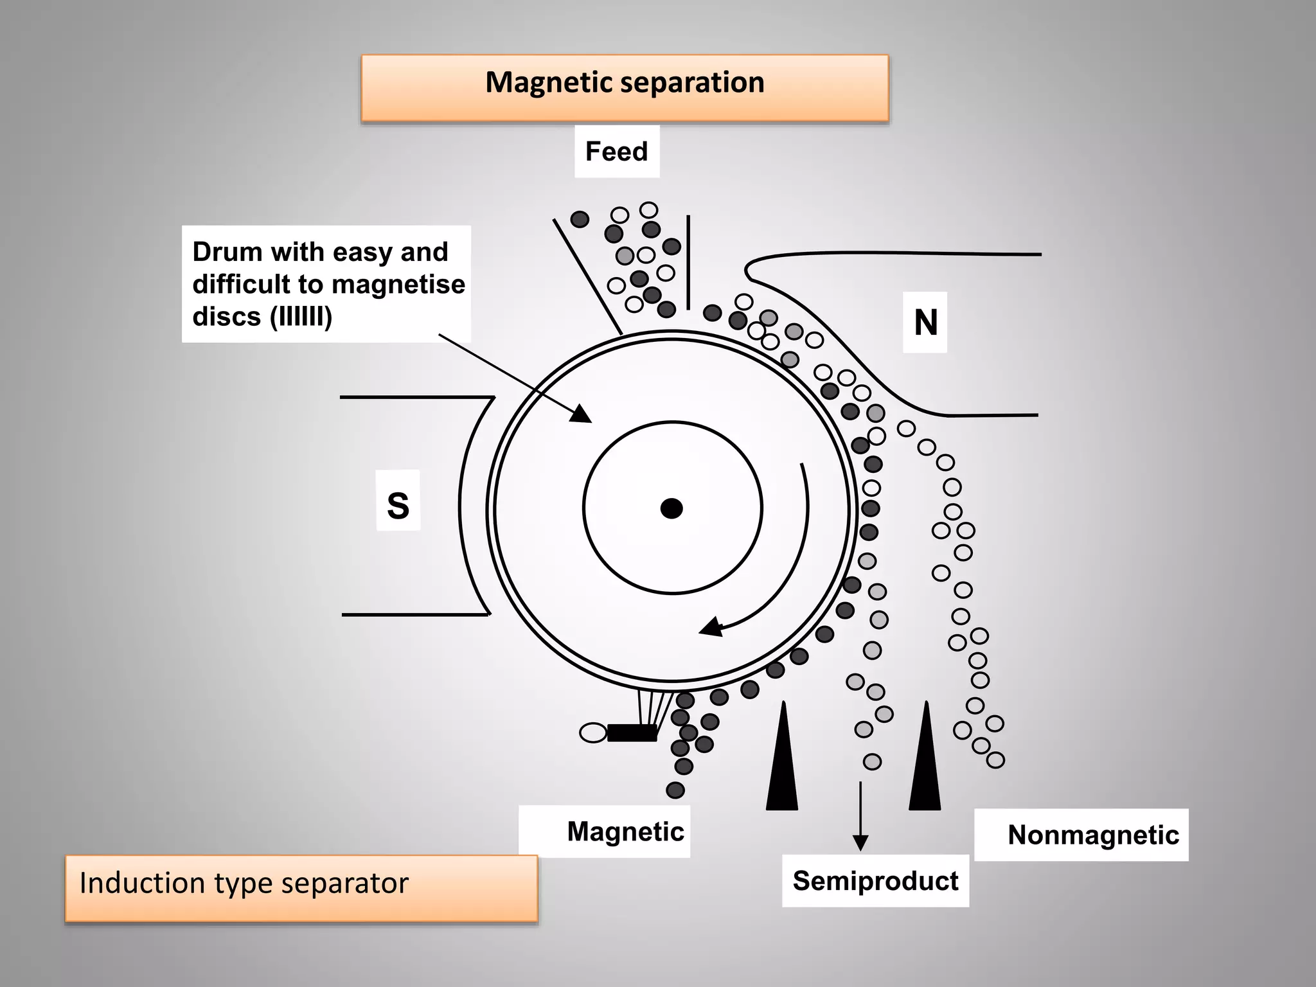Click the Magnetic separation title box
[x=625, y=88]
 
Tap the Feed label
[x=617, y=152]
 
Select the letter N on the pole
[x=925, y=323]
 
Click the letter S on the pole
[x=398, y=505]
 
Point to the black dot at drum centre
[x=671, y=508]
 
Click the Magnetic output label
[x=625, y=831]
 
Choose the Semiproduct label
[x=875, y=880]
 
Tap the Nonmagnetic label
[x=1093, y=835]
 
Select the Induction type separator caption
[x=244, y=884]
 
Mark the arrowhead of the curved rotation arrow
[x=711, y=626]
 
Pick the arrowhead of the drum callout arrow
[x=581, y=414]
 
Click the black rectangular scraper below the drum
[x=632, y=733]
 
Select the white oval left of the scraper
[x=593, y=733]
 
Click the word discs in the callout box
[x=226, y=317]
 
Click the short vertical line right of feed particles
[x=688, y=262]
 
